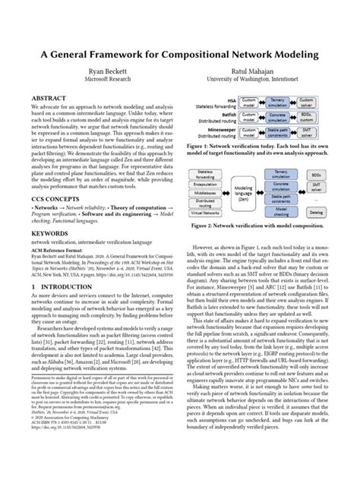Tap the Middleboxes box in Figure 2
tap(204, 193)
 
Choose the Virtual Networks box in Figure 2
tap(204, 213)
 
